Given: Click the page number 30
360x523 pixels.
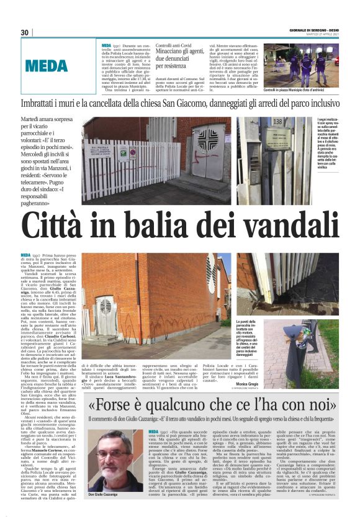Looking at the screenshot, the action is [25, 32].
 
